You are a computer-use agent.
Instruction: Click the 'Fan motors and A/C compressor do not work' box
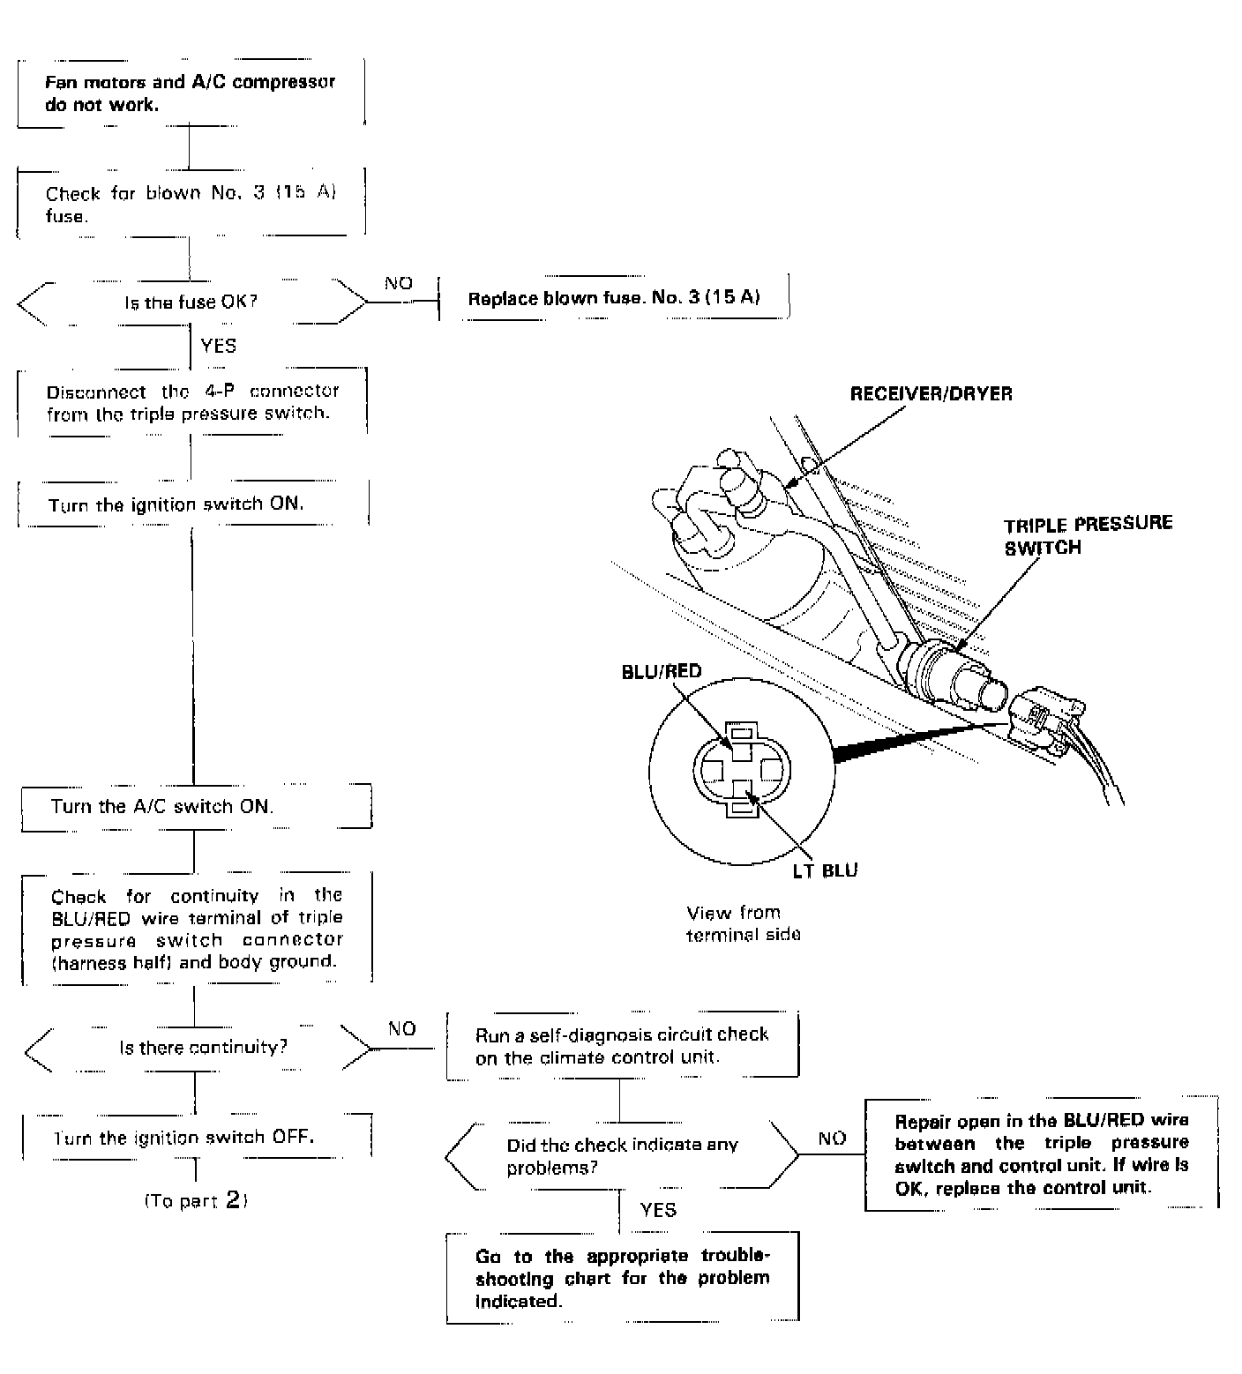click(x=191, y=93)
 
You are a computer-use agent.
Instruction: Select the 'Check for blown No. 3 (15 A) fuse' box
click(x=191, y=204)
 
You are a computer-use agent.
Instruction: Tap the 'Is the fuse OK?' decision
click(x=191, y=302)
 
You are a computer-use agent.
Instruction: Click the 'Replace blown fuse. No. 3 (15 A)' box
click(x=614, y=298)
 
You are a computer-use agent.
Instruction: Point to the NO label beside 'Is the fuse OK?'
click(x=398, y=283)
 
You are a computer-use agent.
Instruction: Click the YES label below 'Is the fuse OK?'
click(x=219, y=346)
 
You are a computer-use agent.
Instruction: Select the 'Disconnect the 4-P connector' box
click(x=192, y=401)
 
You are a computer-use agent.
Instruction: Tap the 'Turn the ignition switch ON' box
click(x=192, y=504)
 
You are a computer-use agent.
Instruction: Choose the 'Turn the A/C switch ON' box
click(x=195, y=806)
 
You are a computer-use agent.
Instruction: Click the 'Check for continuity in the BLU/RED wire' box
click(x=196, y=929)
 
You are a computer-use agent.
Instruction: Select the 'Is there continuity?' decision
click(x=203, y=1048)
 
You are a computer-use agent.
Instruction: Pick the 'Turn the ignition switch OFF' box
click(x=195, y=1137)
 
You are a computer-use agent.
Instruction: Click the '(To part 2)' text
click(x=195, y=1200)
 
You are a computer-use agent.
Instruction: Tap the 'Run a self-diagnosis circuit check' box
click(x=622, y=1045)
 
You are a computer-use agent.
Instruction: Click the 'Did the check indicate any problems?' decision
click(x=621, y=1156)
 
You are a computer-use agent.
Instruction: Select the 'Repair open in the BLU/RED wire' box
click(x=1041, y=1154)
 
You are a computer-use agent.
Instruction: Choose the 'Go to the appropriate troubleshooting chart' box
click(x=622, y=1278)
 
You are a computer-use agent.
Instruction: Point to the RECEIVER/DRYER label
click(x=931, y=394)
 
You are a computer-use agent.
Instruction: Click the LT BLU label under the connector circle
click(x=825, y=870)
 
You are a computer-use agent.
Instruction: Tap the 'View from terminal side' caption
click(x=743, y=923)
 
